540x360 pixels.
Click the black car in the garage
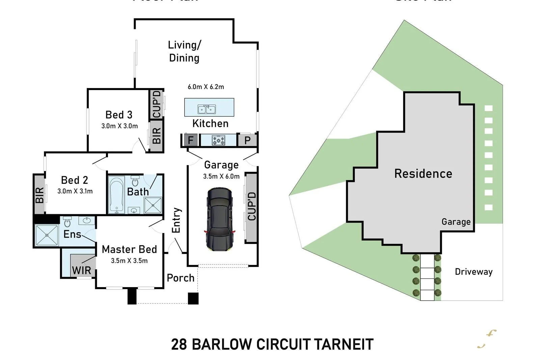(219, 220)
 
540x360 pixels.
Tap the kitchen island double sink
(207, 109)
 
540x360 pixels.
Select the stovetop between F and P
(218, 140)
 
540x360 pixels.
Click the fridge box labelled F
(191, 140)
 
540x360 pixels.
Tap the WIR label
(81, 271)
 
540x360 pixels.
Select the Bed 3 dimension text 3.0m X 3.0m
(119, 126)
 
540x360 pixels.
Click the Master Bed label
(129, 249)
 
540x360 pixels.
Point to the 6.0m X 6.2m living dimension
(206, 87)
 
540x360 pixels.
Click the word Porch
(181, 278)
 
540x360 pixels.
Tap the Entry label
(176, 220)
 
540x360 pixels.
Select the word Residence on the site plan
(423, 174)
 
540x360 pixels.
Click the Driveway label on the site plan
(474, 272)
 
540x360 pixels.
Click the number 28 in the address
(179, 344)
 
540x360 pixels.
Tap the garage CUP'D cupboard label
(252, 206)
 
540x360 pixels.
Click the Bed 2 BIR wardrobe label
(39, 195)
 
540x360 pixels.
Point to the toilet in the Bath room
(135, 182)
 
